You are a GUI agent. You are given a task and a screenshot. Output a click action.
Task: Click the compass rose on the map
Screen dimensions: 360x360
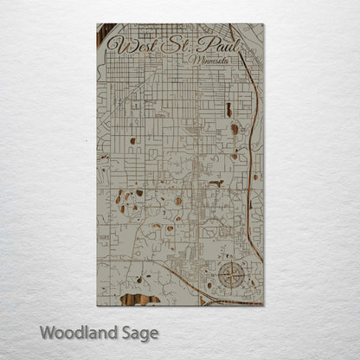tap(231, 277)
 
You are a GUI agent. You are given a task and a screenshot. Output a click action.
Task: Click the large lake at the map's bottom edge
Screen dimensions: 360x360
tap(138, 299)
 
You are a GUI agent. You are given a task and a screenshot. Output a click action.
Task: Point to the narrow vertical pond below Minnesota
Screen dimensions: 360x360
tap(228, 110)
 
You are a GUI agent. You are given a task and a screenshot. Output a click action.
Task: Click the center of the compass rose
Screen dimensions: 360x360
tap(231, 277)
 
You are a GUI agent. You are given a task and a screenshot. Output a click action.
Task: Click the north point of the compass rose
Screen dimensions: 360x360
tap(231, 265)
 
